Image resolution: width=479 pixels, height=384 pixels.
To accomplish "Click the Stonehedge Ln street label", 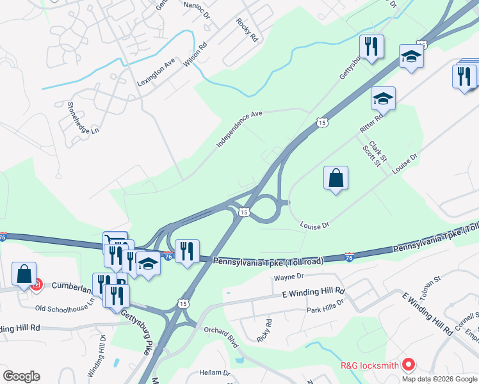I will [83, 119].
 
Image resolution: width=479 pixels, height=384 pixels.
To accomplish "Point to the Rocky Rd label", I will [247, 29].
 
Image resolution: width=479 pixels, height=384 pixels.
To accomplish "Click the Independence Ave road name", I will [239, 129].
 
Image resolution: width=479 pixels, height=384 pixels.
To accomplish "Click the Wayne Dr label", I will [288, 278].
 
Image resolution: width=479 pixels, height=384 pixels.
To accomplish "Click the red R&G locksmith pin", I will [409, 365].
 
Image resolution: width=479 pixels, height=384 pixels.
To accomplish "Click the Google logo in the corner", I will [21, 376].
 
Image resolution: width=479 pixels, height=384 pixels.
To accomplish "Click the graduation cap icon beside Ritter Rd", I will [383, 98].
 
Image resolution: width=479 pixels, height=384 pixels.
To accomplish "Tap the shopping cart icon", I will [115, 241].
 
